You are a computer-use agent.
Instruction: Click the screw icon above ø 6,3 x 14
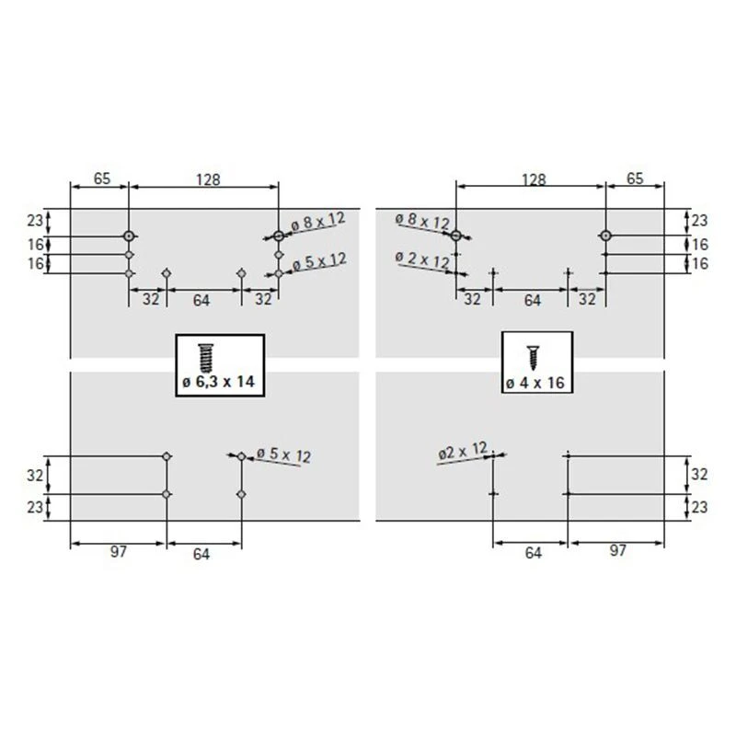click(205, 358)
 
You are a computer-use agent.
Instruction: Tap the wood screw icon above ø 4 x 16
click(533, 358)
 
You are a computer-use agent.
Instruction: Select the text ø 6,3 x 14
click(219, 382)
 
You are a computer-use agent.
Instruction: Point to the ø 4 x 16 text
click(535, 383)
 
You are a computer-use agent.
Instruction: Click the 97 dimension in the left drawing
click(119, 552)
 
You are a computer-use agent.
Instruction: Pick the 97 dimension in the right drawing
click(617, 550)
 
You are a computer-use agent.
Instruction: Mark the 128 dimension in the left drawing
click(208, 179)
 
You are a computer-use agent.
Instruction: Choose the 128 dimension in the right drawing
click(535, 179)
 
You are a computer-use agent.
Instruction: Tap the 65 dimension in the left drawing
click(102, 178)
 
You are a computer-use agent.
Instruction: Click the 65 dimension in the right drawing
click(635, 178)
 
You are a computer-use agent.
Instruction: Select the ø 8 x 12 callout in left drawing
click(317, 221)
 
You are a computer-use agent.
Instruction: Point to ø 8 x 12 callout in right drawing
click(422, 221)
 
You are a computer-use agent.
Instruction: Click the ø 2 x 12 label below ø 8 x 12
click(422, 259)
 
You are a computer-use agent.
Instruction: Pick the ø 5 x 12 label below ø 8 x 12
click(319, 261)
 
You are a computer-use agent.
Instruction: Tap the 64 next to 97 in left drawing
click(201, 555)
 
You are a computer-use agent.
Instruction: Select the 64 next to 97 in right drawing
click(534, 554)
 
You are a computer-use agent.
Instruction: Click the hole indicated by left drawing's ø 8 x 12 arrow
click(279, 236)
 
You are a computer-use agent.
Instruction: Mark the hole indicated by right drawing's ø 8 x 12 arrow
click(455, 236)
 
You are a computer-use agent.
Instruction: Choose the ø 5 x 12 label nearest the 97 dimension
click(283, 455)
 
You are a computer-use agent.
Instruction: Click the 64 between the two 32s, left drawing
click(201, 301)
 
